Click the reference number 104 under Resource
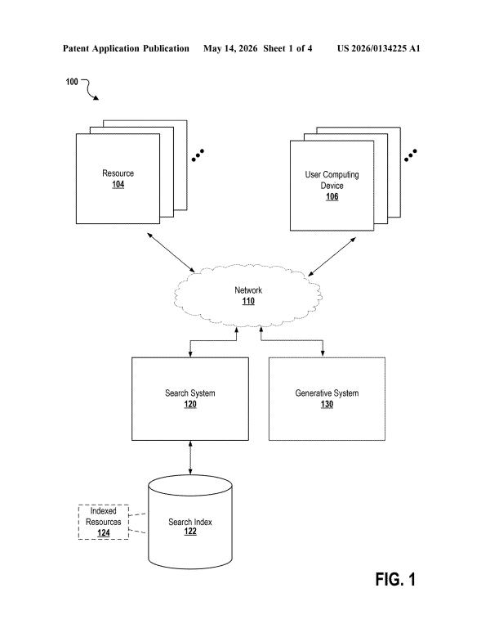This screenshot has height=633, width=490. (x=118, y=185)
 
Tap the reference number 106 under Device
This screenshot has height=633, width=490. (x=332, y=196)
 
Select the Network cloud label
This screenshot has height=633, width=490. (x=248, y=290)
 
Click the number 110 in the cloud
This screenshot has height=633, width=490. (x=248, y=301)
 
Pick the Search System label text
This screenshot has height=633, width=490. (x=190, y=393)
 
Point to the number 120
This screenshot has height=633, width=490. (x=190, y=404)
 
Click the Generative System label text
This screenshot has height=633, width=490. (x=327, y=393)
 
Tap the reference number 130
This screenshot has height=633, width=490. (x=327, y=404)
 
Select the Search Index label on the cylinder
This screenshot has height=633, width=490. (x=190, y=522)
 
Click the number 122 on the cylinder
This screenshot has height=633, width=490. (x=190, y=532)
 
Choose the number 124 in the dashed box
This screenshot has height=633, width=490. (x=104, y=533)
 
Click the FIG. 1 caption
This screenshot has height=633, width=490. (x=395, y=579)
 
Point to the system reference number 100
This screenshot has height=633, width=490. (x=72, y=82)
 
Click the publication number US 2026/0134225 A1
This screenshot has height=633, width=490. (x=379, y=48)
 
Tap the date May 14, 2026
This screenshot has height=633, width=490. (x=230, y=48)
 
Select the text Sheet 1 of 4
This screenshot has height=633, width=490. (x=287, y=48)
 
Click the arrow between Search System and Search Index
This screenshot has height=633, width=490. (x=190, y=457)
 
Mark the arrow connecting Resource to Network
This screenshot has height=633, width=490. (x=171, y=253)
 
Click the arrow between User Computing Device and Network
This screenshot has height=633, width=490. (x=332, y=257)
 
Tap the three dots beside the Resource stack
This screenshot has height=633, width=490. (x=198, y=155)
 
